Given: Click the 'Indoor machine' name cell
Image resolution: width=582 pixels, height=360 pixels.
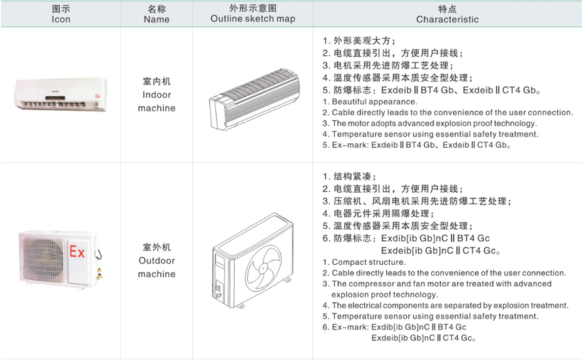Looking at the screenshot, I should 156,95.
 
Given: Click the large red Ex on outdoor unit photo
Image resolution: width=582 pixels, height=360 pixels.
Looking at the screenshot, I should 77,252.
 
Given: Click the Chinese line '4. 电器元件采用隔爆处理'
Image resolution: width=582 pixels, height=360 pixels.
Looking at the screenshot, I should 392,213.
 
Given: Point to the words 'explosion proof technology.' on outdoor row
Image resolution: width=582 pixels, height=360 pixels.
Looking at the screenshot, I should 384,294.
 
